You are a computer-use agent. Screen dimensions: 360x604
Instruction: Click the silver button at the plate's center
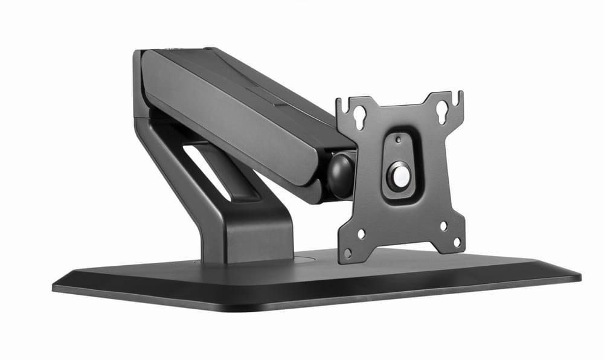(399, 175)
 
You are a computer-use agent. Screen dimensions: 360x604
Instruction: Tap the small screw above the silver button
(397, 139)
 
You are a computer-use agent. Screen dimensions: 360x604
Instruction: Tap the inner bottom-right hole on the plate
(443, 226)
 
